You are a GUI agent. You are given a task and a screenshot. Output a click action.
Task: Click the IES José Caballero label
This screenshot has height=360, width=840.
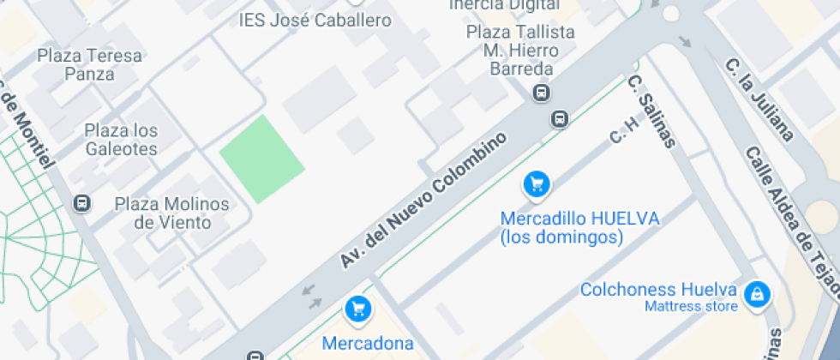[x=315, y=21]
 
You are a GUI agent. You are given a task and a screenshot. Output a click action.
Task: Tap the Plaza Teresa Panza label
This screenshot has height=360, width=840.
[x=89, y=65]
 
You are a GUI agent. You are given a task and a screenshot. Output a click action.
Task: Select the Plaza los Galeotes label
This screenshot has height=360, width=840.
[x=121, y=140]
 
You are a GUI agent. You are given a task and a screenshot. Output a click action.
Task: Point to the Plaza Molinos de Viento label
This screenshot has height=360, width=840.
[x=171, y=213]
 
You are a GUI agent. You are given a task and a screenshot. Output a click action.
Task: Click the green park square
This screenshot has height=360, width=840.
[x=261, y=159]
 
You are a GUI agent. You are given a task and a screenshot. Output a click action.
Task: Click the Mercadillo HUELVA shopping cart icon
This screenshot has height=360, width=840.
[x=536, y=183]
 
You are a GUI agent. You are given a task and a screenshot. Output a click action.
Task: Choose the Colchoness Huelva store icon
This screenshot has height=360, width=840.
[x=757, y=296]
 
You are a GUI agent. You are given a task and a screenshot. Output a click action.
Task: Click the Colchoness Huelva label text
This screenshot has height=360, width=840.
[x=658, y=289]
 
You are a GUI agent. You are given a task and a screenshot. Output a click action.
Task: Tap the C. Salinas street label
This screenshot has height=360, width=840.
[x=651, y=111]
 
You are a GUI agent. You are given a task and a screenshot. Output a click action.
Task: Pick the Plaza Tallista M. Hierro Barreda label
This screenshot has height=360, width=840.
[x=519, y=51]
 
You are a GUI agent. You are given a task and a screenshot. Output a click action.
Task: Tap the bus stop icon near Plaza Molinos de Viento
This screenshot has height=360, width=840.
[x=82, y=204]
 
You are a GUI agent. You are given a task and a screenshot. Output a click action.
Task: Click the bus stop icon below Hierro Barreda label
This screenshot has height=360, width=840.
[x=541, y=93]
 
